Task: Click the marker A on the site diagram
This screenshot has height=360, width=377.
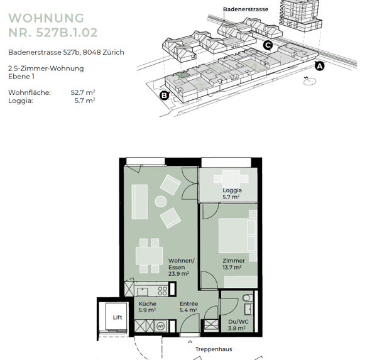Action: tap(320, 65)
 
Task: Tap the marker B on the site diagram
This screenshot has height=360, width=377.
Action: tap(165, 95)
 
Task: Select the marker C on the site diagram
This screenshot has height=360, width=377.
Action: tap(268, 45)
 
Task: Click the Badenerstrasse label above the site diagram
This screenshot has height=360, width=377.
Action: tap(246, 9)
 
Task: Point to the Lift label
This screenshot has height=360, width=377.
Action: tap(117, 317)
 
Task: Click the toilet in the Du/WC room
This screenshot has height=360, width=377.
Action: tap(247, 298)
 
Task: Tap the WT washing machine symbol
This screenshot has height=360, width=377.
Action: tap(160, 326)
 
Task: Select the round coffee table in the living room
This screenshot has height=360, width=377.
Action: tap(161, 202)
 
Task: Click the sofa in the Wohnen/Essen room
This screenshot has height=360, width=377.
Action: tap(139, 202)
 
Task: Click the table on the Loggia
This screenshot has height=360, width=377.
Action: tap(231, 178)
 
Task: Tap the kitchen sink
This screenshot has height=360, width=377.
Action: tap(143, 292)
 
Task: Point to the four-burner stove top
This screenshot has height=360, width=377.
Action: tap(162, 291)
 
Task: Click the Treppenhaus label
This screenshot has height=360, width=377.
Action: tap(214, 349)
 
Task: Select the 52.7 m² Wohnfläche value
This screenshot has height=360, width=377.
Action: tap(83, 92)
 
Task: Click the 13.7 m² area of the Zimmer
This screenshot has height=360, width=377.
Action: tap(232, 267)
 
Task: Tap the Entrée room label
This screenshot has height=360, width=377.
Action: tap(188, 303)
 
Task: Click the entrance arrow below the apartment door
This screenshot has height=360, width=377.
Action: tap(190, 342)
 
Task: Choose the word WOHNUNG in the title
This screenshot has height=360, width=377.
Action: tap(46, 18)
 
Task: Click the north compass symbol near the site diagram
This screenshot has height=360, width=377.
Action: tap(309, 81)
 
